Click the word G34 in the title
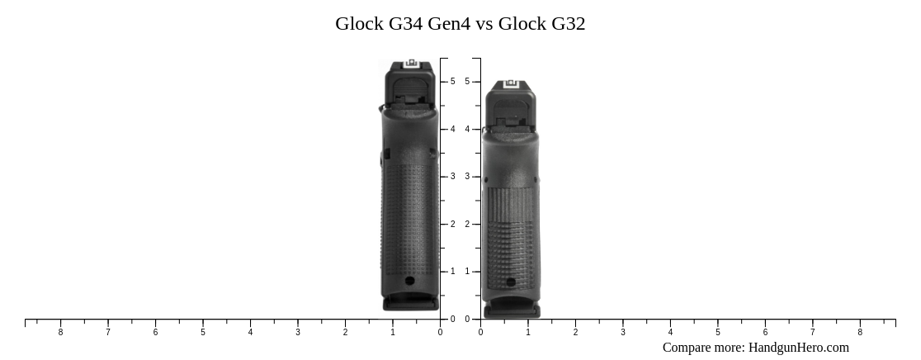pyautogui.click(x=405, y=24)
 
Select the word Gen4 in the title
pyautogui.click(x=449, y=24)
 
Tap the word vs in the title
pyautogui.click(x=484, y=24)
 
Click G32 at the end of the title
pyautogui.click(x=568, y=24)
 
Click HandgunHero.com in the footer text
pyautogui.click(x=798, y=348)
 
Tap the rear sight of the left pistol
pyautogui.click(x=411, y=64)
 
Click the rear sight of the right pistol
pyautogui.click(x=509, y=85)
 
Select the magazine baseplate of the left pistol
pyautogui.click(x=410, y=304)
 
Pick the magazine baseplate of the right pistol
pyautogui.click(x=512, y=312)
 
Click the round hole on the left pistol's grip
pyautogui.click(x=410, y=282)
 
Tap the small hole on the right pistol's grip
pyautogui.click(x=511, y=282)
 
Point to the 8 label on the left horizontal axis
pyautogui.click(x=60, y=333)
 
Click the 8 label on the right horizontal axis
pyautogui.click(x=860, y=333)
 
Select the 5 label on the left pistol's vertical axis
pyautogui.click(x=452, y=82)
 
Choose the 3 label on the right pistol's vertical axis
pyautogui.click(x=467, y=177)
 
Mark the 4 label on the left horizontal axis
pyautogui.click(x=250, y=333)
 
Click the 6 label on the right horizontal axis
pyautogui.click(x=765, y=333)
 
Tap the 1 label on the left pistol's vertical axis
pyautogui.click(x=452, y=272)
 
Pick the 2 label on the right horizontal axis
pyautogui.click(x=575, y=333)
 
